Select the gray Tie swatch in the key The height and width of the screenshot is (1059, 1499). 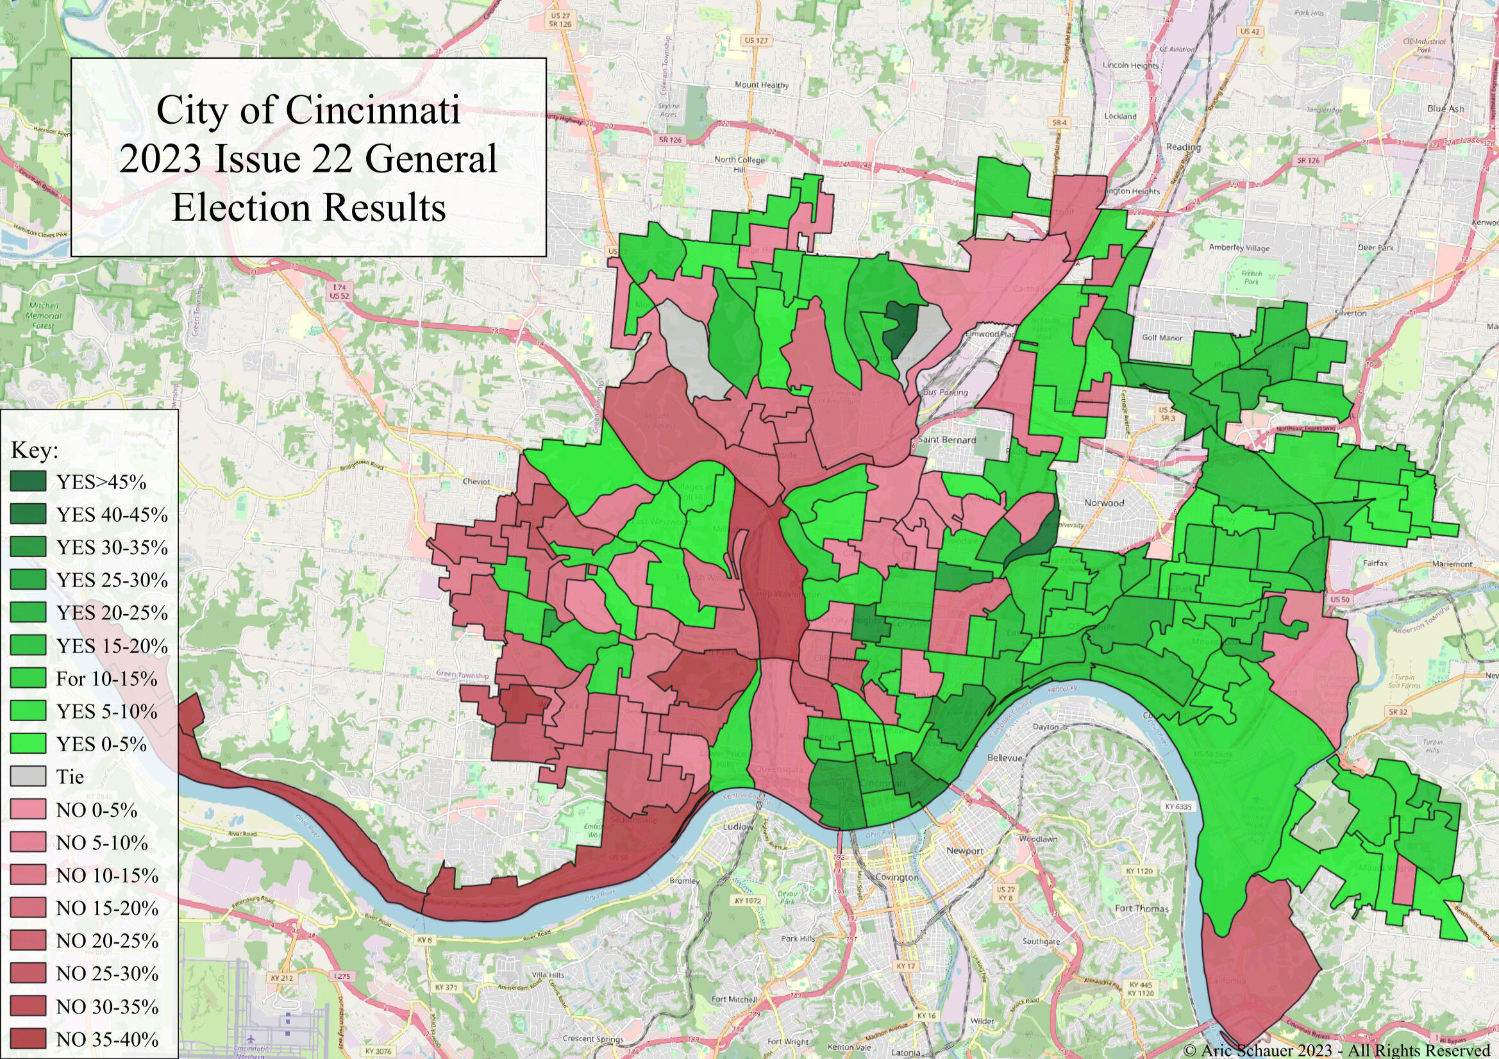pos(28,776)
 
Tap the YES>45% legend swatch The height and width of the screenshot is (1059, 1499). pos(28,481)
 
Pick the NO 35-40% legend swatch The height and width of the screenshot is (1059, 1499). pos(28,1038)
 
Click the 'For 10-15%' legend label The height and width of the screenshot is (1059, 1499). pos(106,678)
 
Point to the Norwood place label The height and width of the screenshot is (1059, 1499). pos(1103,503)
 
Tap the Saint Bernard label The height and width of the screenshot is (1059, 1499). pos(947,439)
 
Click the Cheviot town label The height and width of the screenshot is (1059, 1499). pos(476,481)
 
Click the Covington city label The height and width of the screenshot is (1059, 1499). pos(896,877)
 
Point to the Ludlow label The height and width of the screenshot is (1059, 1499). pos(739,826)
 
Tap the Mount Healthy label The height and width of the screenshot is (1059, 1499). pos(761,85)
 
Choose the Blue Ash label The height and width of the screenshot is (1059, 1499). pos(1445,108)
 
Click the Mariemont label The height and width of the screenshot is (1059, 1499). pos(1452,563)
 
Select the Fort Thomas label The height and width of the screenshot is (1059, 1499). pos(1141,908)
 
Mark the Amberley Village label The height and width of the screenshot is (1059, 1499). pos(1239,248)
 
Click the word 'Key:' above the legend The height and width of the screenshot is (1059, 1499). pos(35,451)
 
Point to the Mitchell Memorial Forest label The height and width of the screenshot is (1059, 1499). pos(44,315)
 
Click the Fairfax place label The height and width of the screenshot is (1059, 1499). pos(1375,562)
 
